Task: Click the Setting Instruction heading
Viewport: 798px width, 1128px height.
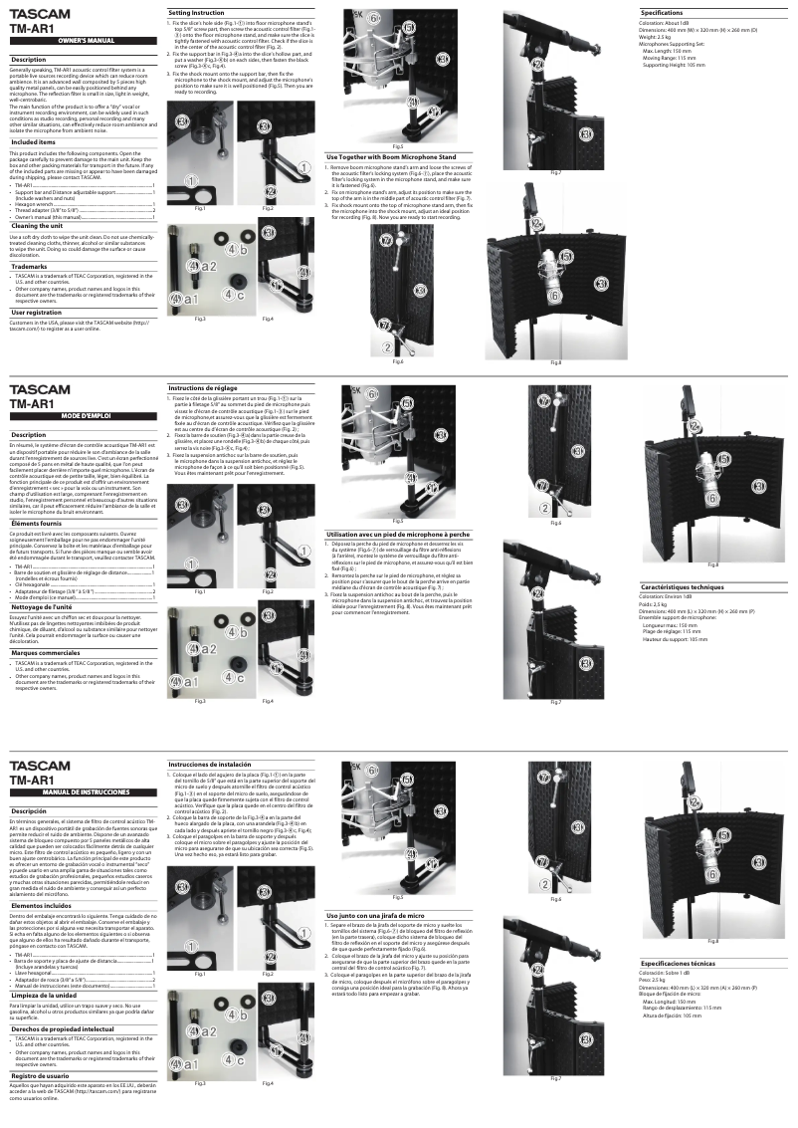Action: click(189, 11)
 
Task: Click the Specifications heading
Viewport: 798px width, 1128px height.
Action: click(661, 13)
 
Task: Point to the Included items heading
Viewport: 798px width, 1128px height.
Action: click(33, 142)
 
